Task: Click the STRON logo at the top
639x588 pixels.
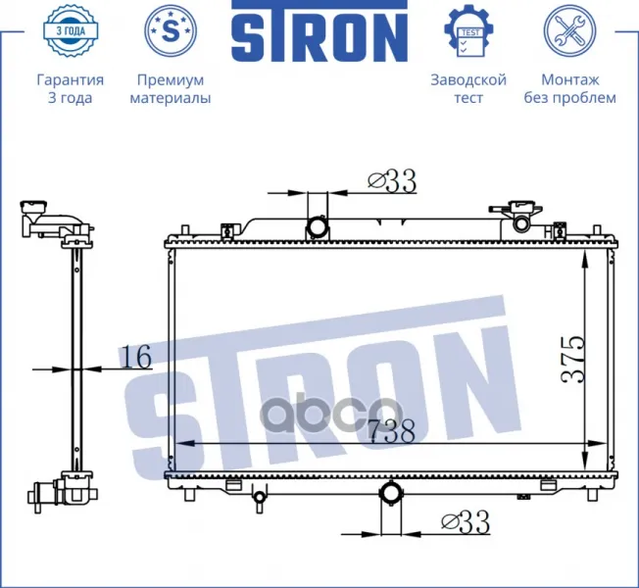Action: (319, 31)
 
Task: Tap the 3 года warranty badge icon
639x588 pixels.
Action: (71, 31)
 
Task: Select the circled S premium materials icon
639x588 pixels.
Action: (171, 30)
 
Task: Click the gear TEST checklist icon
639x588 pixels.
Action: (468, 31)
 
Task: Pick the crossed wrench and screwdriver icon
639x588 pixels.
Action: (569, 30)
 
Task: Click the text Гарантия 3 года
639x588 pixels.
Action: (71, 88)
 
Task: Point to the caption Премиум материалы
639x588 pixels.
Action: (171, 88)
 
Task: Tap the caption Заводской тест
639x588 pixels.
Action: (468, 88)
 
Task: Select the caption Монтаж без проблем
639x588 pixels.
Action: (569, 88)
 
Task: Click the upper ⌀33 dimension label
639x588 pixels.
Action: (392, 181)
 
